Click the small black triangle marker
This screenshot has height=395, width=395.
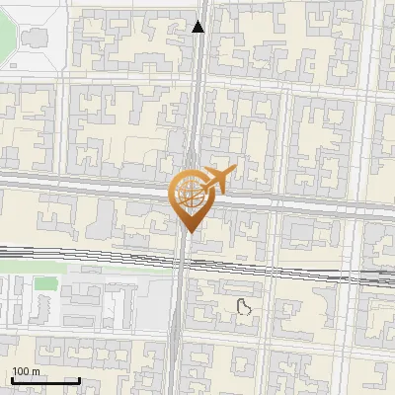198,28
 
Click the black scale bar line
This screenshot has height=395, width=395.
45,380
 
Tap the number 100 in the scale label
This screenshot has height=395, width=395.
19,371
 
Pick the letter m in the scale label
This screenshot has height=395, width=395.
36,371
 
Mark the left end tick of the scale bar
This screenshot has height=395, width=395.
12,379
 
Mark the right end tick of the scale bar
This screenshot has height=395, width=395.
79,379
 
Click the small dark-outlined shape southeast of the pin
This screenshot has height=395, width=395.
245,306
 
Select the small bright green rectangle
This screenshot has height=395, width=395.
44,284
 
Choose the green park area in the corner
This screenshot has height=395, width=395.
6,35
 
